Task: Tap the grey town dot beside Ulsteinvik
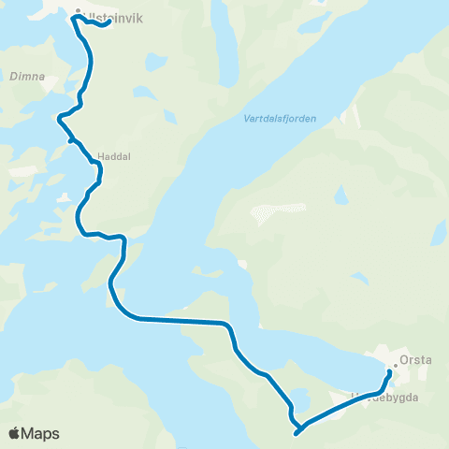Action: click(78, 14)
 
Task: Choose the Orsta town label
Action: click(415, 357)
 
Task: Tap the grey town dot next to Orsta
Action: click(396, 366)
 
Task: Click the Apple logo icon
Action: click(15, 433)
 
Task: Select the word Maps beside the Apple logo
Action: click(41, 433)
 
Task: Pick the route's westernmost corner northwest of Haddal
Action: click(60, 118)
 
